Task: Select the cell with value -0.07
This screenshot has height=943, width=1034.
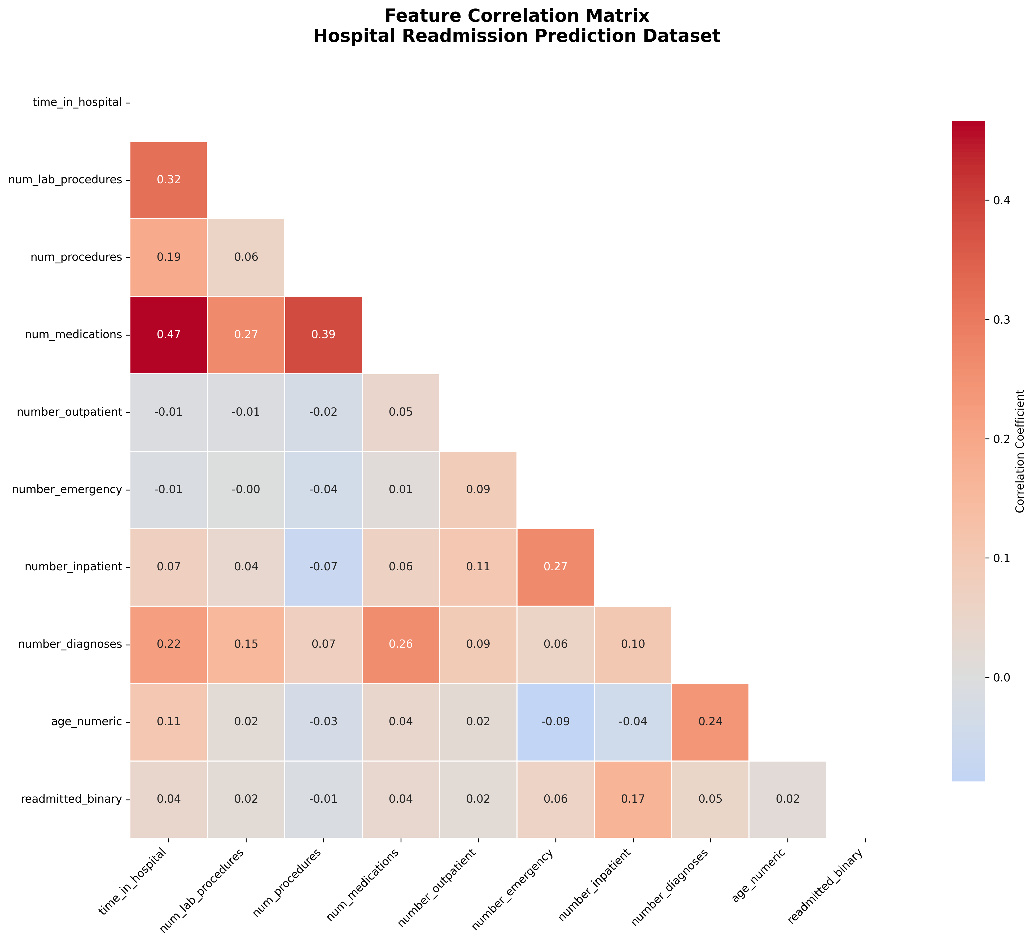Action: pos(323,567)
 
